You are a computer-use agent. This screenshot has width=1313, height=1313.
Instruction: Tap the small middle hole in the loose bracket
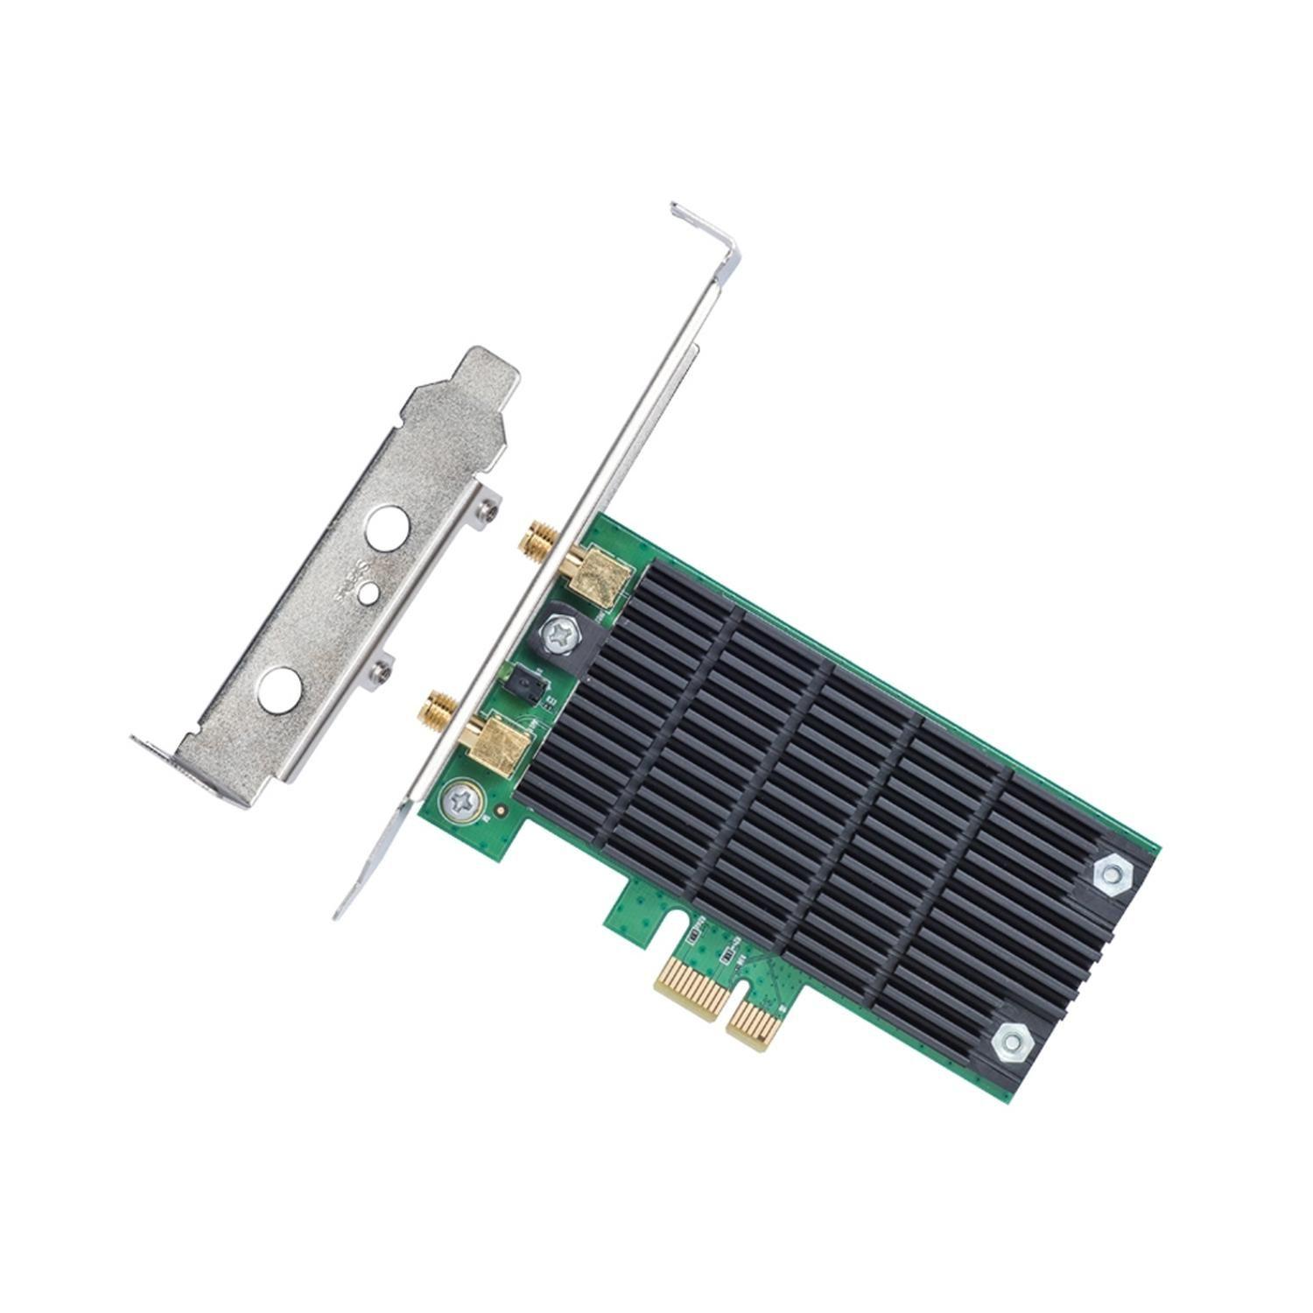coord(369,595)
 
